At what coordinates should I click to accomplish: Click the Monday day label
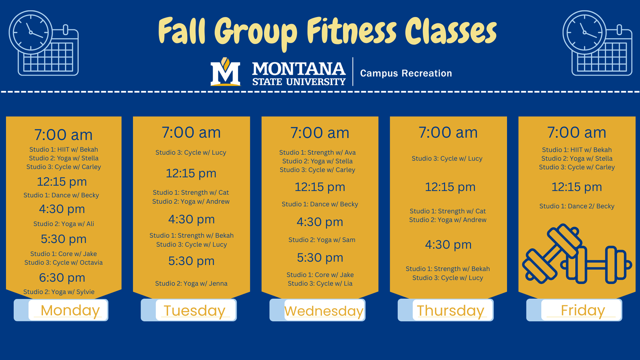[x=70, y=310]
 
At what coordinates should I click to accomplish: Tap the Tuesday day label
[x=195, y=311]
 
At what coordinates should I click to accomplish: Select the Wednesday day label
[x=324, y=311]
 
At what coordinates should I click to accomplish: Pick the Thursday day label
[x=450, y=311]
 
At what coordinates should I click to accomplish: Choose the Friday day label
[x=583, y=310]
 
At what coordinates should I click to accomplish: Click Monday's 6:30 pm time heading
[x=62, y=277]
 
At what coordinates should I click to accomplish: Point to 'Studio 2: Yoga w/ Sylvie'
[x=59, y=292]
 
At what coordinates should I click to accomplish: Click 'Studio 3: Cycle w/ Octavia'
[x=63, y=262]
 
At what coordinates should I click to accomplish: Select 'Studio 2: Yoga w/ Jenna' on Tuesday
[x=191, y=283]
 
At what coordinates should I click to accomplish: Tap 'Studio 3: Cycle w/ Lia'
[x=320, y=283]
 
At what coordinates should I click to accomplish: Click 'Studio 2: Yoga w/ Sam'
[x=322, y=240]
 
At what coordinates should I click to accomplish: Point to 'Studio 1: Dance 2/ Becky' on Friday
[x=577, y=206]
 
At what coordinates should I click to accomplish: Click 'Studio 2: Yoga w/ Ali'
[x=64, y=224]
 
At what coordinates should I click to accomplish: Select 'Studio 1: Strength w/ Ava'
[x=317, y=152]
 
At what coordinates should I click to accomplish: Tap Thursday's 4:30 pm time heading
[x=448, y=245]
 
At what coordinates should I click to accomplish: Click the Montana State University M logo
[x=225, y=72]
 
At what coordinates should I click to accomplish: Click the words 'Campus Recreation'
[x=406, y=73]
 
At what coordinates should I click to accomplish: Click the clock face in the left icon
[x=31, y=32]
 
